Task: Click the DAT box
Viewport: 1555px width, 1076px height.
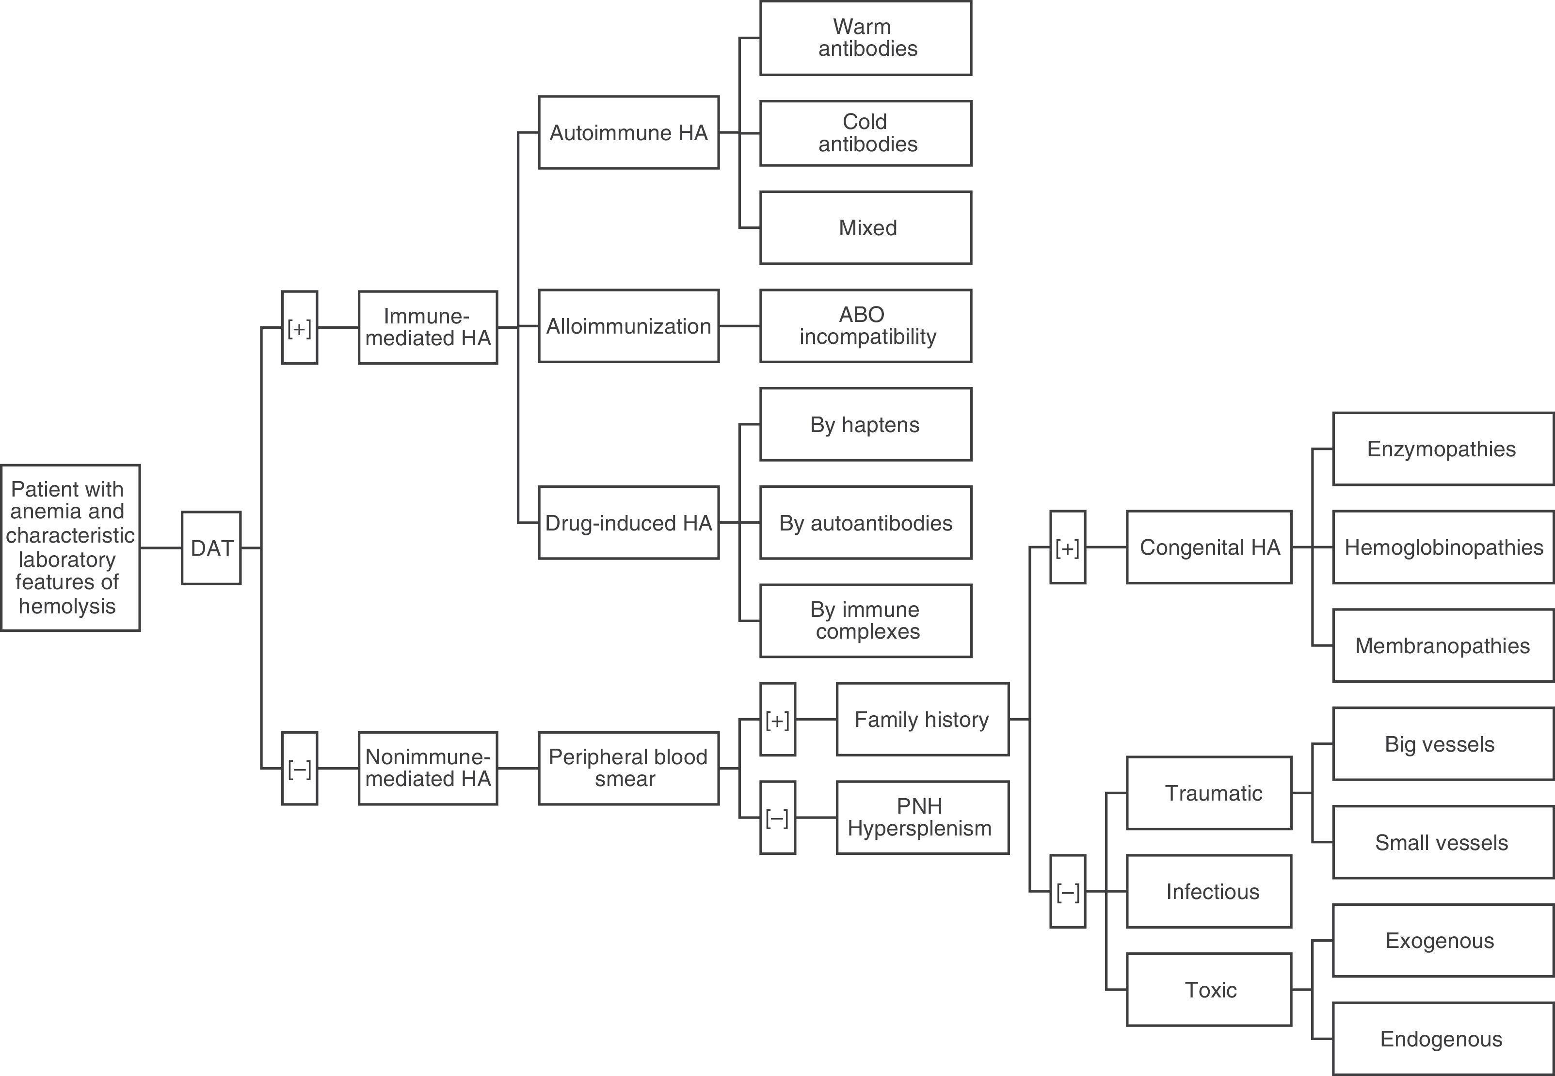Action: coord(211,547)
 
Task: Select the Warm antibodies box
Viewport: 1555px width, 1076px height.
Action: coord(866,38)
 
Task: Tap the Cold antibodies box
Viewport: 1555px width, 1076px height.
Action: coord(866,133)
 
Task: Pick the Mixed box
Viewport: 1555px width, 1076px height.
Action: coord(866,228)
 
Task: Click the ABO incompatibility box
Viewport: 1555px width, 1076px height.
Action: coord(866,326)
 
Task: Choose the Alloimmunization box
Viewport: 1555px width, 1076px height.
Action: coord(628,326)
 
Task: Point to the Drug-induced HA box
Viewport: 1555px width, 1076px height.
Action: coord(628,523)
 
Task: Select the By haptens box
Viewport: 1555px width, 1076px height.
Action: coord(866,425)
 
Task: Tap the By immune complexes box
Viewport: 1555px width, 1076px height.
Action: coord(866,620)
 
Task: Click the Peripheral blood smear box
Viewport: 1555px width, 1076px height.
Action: coord(628,768)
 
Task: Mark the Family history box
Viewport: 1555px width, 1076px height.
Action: coord(922,720)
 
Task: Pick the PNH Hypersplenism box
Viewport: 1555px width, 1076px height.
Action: coord(922,817)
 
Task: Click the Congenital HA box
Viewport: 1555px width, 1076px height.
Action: coord(1208,547)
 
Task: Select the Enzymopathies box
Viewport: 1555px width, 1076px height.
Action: coord(1443,449)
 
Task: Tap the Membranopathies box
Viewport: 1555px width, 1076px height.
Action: coord(1443,645)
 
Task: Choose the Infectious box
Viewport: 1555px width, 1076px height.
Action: coord(1208,891)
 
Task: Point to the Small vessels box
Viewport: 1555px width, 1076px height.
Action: coord(1443,842)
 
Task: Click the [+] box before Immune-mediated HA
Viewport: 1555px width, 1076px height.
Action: coord(299,328)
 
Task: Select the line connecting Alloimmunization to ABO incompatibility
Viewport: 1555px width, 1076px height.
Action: coord(739,326)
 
